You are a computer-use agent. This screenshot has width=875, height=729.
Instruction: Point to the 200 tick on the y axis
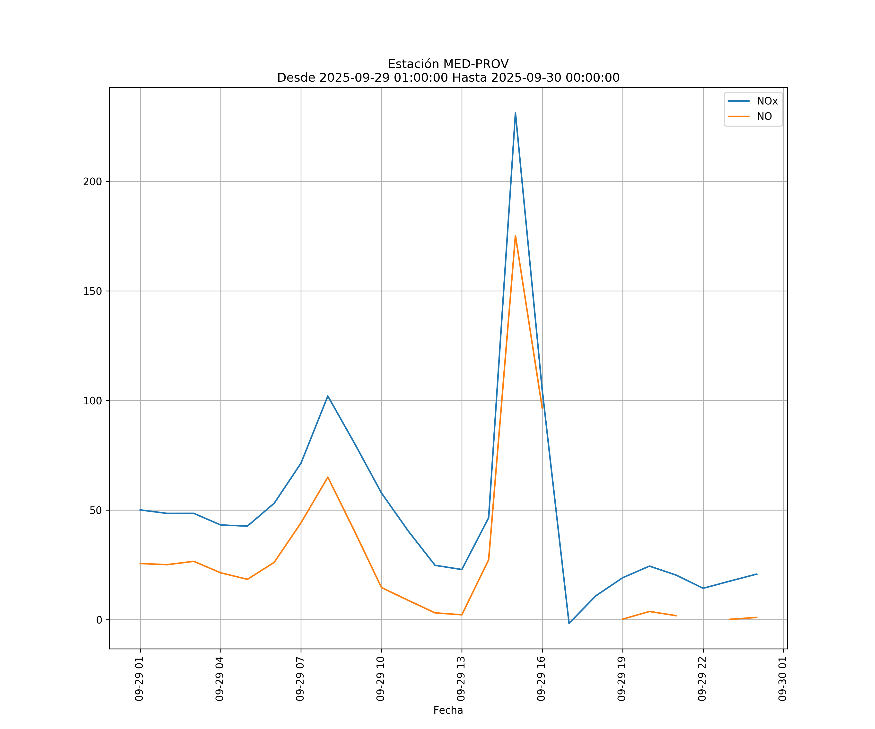point(93,182)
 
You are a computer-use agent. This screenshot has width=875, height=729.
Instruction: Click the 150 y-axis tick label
point(93,291)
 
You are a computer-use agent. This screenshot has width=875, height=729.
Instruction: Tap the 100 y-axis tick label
point(93,401)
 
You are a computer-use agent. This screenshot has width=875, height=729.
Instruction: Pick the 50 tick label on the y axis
point(96,510)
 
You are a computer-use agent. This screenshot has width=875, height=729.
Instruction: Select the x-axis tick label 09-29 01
point(139,679)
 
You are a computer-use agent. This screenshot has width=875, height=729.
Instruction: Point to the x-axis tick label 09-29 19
point(622,679)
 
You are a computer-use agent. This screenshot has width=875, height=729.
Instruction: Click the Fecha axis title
point(448,710)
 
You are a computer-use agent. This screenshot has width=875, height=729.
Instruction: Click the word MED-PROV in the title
point(476,64)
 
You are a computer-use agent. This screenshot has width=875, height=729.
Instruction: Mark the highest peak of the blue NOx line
point(516,113)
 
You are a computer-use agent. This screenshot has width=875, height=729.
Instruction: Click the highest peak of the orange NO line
point(516,236)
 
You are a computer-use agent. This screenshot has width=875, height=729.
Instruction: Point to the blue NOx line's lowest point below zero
point(569,623)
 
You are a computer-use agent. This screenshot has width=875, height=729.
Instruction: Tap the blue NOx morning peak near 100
point(328,396)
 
